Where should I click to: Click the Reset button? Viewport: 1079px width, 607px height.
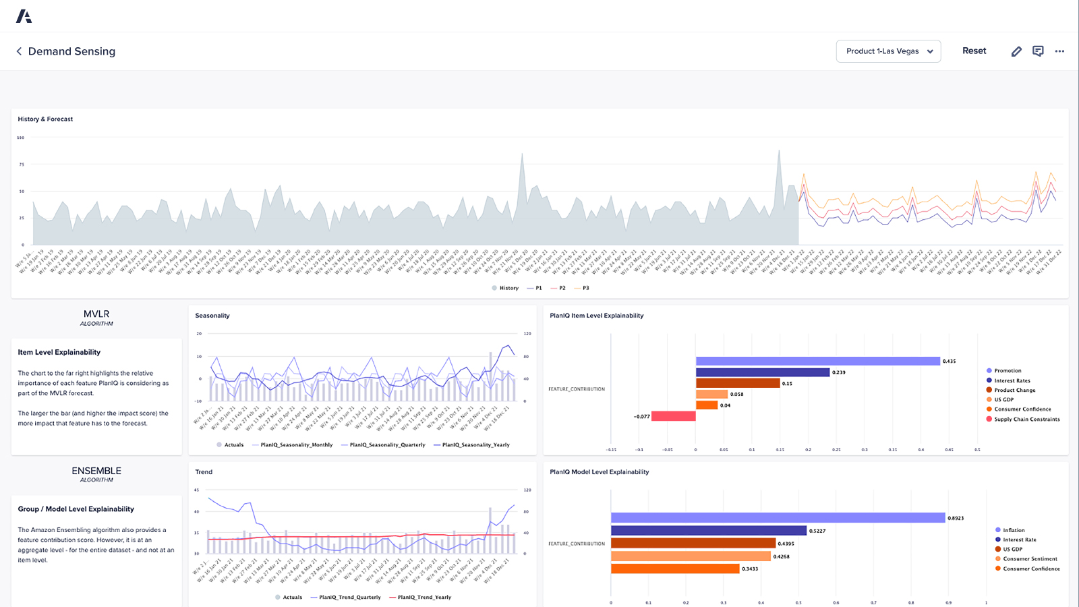(974, 51)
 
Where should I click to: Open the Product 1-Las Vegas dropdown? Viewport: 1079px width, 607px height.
(888, 51)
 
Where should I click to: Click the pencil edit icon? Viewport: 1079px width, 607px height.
(1016, 51)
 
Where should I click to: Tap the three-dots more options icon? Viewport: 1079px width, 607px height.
(1059, 51)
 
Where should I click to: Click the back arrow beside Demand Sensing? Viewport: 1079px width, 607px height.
(19, 51)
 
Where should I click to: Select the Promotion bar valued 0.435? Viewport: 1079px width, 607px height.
(817, 362)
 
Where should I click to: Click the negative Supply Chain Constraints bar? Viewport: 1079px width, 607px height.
(673, 416)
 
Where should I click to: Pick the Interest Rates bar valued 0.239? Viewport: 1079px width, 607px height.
(762, 372)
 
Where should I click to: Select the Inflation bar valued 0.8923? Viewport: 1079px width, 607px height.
(778, 518)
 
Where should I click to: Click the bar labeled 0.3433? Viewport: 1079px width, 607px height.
(675, 569)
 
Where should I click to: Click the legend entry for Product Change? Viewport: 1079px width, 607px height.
(1014, 390)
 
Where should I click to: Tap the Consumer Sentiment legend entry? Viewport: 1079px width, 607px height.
(1030, 558)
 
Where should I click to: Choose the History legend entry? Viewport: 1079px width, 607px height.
(508, 288)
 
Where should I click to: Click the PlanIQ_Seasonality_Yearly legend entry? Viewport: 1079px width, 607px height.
(475, 445)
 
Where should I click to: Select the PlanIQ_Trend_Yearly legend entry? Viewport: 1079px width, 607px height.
(424, 598)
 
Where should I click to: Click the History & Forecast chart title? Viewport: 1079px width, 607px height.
(45, 119)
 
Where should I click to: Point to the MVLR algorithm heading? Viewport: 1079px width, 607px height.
(96, 314)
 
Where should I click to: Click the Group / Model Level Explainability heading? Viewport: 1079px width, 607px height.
(76, 509)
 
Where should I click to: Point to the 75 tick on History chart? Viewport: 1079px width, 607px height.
(22, 165)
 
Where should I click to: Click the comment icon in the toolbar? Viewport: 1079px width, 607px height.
(1038, 51)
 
